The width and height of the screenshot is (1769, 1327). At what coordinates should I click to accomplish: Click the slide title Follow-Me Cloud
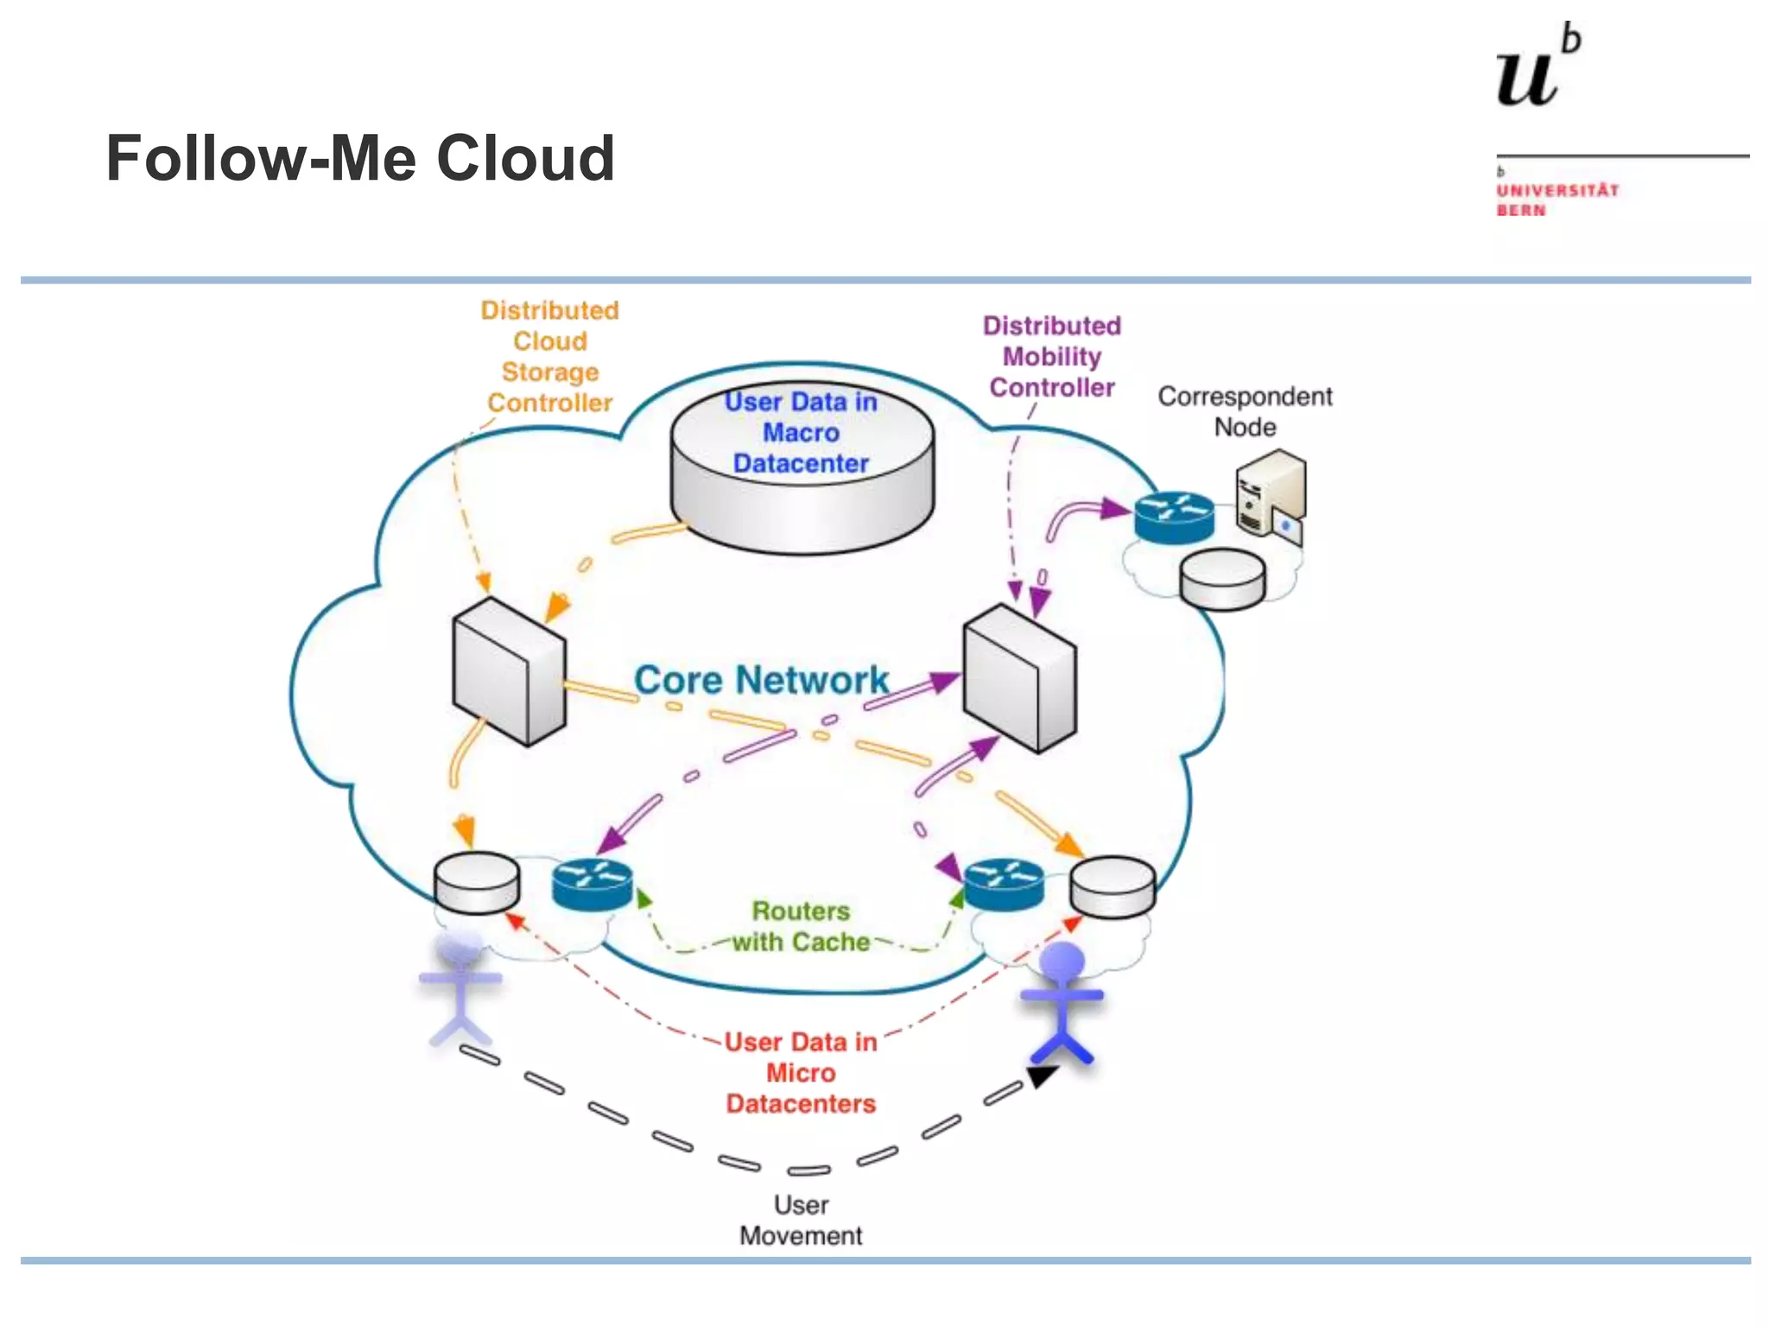coord(360,159)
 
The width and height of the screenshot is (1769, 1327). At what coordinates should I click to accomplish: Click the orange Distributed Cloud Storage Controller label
coord(549,356)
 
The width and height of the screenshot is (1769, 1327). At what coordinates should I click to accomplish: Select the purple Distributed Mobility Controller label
coord(1051,356)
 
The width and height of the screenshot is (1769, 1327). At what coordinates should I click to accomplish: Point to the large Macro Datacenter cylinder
coord(802,471)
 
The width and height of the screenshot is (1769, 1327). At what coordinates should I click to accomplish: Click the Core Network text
coord(761,680)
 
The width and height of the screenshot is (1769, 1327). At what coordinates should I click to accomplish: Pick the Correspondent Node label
coord(1244,411)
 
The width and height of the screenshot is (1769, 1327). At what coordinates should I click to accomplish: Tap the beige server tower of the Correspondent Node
coord(1270,494)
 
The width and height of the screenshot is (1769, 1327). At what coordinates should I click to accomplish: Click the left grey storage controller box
coord(510,672)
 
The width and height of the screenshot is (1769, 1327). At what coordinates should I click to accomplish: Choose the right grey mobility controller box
coord(1019,678)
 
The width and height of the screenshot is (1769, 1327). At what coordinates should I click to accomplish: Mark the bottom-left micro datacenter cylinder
coord(477,882)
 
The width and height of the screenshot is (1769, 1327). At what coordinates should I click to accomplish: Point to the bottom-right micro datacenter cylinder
coord(1113,886)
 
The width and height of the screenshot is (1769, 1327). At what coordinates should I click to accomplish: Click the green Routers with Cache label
coord(801,926)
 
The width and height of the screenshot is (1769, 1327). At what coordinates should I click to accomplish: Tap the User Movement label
coord(801,1220)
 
